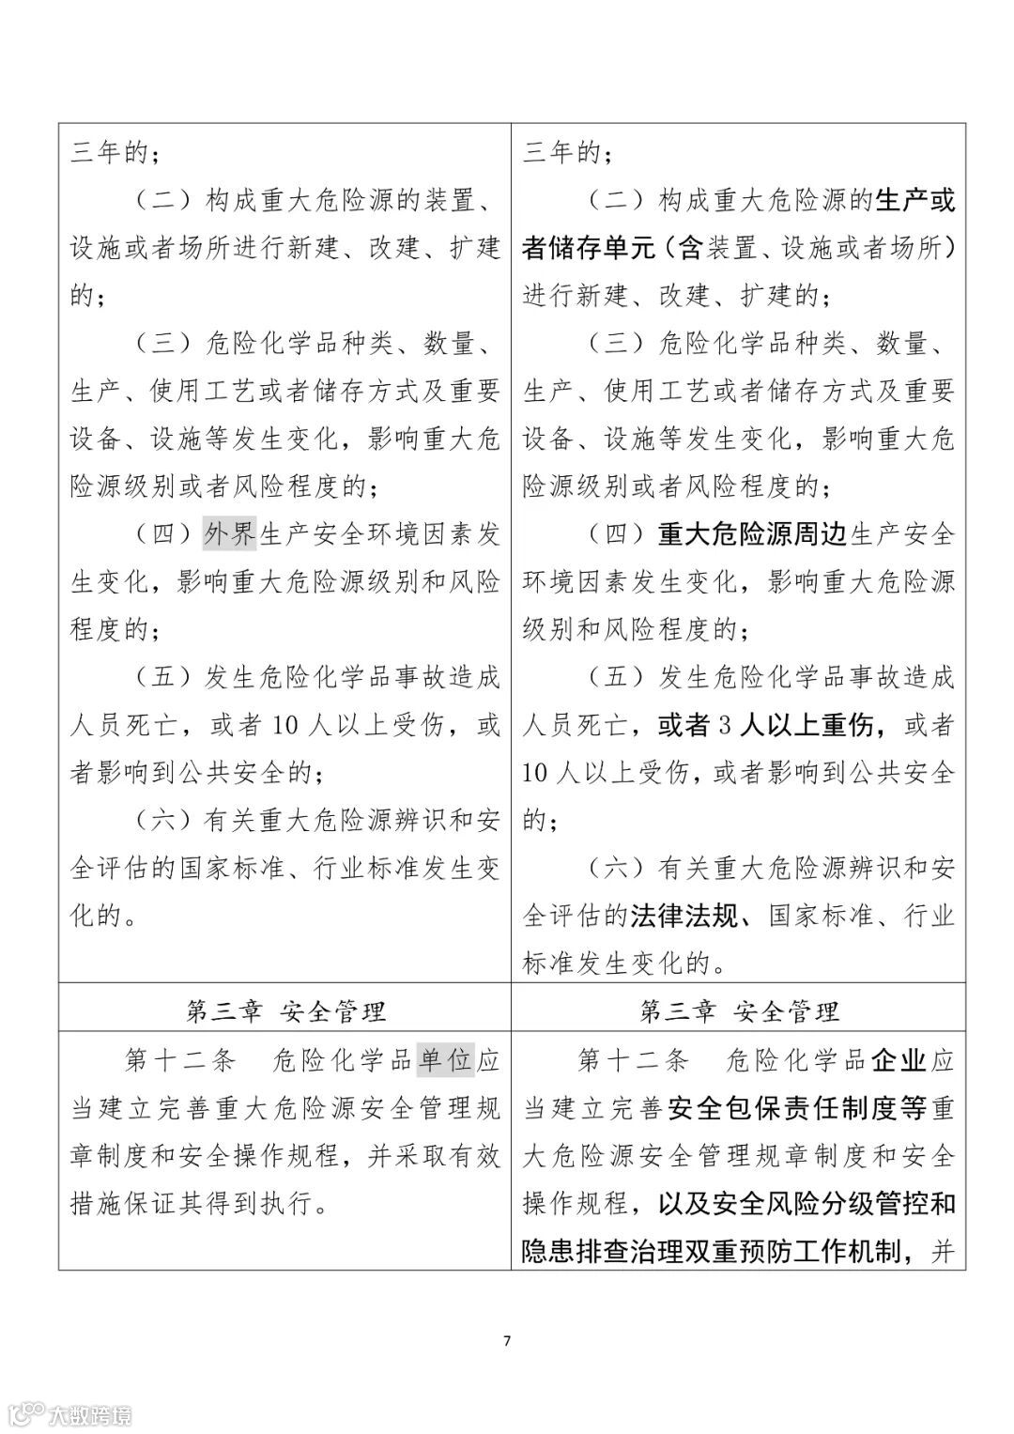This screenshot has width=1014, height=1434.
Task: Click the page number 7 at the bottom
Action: [507, 1341]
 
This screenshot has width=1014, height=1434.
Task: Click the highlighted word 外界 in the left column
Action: [230, 534]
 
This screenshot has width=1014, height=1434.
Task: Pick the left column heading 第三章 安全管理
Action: [285, 1011]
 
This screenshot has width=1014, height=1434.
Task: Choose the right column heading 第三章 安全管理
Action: [739, 1011]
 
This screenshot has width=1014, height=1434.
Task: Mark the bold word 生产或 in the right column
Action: [914, 201]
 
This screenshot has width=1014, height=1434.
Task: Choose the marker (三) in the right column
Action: [616, 344]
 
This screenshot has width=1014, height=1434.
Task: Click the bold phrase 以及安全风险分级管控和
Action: [795, 1204]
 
